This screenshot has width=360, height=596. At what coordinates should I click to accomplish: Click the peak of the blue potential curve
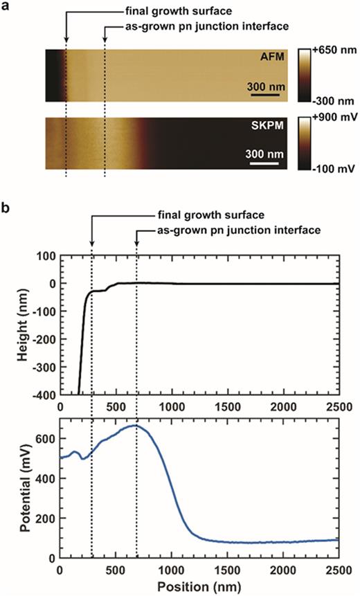(136, 426)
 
